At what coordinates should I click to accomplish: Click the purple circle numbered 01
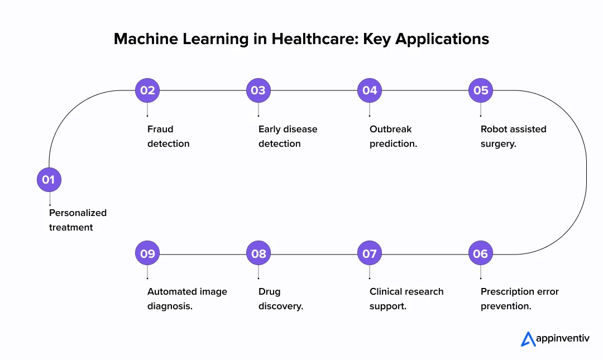click(x=49, y=180)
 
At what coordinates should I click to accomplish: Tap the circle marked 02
click(x=147, y=90)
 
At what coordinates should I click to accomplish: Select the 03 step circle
click(x=259, y=90)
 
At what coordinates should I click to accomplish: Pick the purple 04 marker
click(x=370, y=90)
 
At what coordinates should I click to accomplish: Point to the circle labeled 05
click(x=481, y=90)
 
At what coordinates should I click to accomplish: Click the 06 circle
click(x=481, y=254)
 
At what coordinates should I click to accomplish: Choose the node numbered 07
click(x=370, y=254)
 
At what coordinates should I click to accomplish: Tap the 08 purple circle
click(x=259, y=254)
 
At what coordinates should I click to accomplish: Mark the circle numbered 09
click(x=147, y=254)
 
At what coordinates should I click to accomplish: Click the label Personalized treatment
click(x=78, y=220)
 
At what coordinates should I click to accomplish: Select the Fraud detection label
click(x=168, y=136)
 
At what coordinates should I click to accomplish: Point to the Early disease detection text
click(x=288, y=136)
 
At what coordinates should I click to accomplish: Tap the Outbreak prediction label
click(x=393, y=136)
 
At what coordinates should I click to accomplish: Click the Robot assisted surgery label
click(x=513, y=136)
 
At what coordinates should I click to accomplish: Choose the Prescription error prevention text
click(x=519, y=299)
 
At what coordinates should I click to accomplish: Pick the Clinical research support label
click(x=406, y=299)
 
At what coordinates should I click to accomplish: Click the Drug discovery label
click(x=280, y=299)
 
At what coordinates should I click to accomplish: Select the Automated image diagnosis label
click(x=187, y=299)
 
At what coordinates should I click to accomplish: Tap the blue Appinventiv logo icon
click(x=528, y=339)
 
